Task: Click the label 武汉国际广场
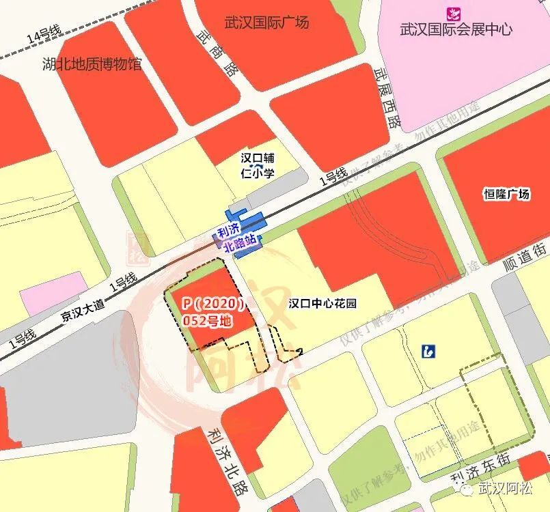pyautogui.click(x=266, y=23)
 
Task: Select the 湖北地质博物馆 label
pyautogui.click(x=92, y=65)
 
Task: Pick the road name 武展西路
pyautogui.click(x=384, y=96)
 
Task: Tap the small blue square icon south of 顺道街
pyautogui.click(x=428, y=352)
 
